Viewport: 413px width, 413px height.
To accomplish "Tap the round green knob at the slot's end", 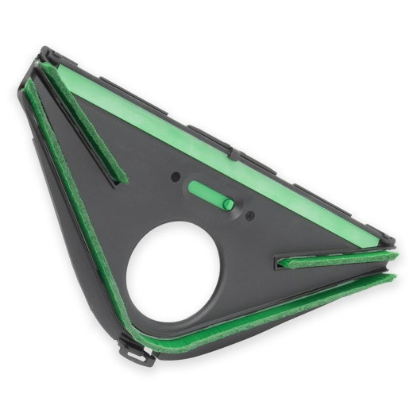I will pos(229,204).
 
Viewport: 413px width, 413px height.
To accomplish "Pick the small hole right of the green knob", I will pos(250,214).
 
